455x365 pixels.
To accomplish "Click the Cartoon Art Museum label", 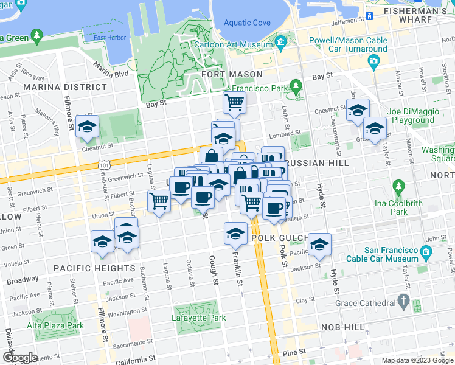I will (233, 44).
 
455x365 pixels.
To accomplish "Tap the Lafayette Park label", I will (200, 318).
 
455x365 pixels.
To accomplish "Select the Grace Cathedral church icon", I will (403, 301).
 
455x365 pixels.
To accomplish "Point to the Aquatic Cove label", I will (246, 23).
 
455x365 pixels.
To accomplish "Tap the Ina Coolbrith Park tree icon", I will (398, 186).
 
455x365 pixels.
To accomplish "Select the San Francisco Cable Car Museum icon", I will (426, 251).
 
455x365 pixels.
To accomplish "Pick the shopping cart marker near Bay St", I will (234, 102).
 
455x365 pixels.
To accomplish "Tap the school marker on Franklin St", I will (235, 232).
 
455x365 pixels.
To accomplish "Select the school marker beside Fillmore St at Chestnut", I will (88, 126).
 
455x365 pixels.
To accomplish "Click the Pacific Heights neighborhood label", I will (92, 268).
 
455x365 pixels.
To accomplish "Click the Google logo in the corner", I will (20, 357).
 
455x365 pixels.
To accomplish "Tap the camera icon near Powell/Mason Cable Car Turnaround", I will (373, 61).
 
